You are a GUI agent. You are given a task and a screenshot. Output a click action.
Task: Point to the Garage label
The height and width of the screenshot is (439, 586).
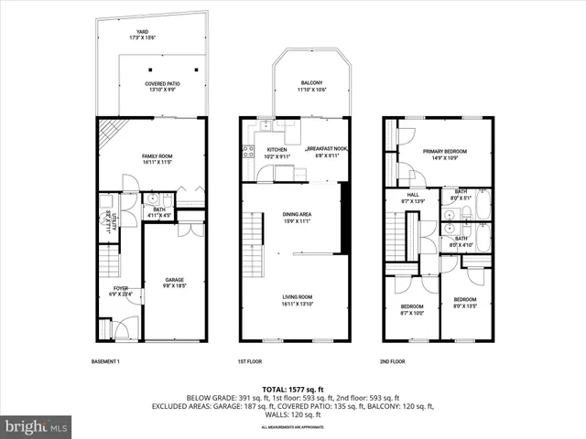click(174, 283)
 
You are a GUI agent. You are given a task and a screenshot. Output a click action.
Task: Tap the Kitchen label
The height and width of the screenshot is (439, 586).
click(277, 152)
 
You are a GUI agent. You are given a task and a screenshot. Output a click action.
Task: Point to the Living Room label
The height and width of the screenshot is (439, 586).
click(297, 299)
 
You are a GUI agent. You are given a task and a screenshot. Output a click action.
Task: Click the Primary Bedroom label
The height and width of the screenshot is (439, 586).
click(445, 154)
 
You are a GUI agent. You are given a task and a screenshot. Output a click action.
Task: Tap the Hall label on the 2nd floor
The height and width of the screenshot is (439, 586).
click(413, 197)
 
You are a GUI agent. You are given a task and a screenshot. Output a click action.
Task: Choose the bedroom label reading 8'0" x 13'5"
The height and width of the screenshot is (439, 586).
click(465, 302)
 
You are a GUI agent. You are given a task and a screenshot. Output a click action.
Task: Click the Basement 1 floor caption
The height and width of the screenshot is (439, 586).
click(106, 361)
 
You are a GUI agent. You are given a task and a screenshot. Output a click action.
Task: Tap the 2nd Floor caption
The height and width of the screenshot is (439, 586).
click(392, 361)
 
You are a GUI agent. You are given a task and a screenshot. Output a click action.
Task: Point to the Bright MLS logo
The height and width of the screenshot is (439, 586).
click(37, 426)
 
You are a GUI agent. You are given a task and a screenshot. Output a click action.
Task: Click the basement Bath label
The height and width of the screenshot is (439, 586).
click(159, 212)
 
